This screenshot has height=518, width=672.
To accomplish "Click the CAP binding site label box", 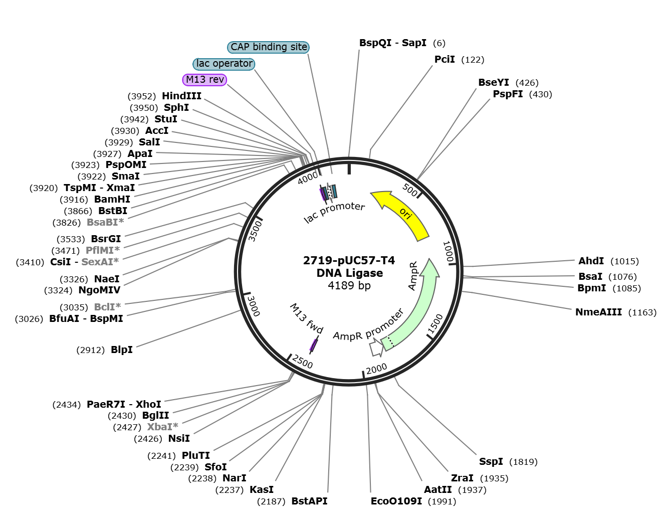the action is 268,47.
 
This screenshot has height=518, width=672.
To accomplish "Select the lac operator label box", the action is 224,64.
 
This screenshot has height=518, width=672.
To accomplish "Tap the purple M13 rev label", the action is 205,80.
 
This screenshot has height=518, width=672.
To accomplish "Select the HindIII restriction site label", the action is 181,96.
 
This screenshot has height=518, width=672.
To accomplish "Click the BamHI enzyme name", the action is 112,199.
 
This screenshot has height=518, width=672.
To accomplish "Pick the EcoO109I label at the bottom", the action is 396,501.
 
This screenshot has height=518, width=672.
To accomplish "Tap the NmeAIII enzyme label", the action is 598,312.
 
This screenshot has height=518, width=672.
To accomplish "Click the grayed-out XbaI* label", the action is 163,427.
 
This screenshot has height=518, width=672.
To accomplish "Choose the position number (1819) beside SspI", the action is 523,462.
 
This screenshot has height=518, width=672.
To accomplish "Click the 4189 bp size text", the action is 349,285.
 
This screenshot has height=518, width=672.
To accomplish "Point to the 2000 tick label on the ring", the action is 376,368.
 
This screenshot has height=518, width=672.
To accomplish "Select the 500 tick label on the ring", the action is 410,190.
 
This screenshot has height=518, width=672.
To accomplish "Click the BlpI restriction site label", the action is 122,350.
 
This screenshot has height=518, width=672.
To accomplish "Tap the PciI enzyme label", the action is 444,59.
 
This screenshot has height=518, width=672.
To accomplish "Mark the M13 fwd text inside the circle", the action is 306,318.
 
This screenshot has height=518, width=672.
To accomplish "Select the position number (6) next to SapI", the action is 439,43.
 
